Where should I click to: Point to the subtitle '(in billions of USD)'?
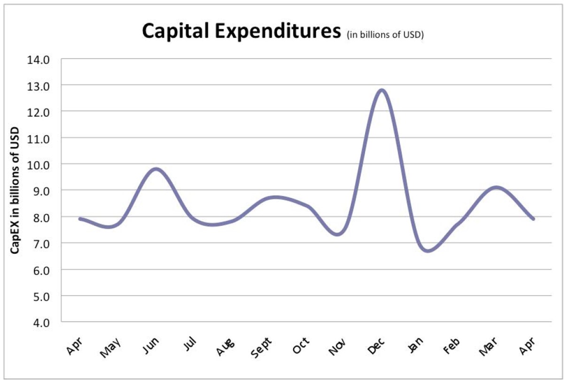pyautogui.click(x=385, y=35)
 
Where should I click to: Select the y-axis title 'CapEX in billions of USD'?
pyautogui.click(x=15, y=190)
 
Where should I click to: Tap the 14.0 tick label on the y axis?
pyautogui.click(x=40, y=59)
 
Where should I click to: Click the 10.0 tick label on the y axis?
pyautogui.click(x=40, y=164)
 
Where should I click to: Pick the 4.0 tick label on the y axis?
pyautogui.click(x=40, y=322)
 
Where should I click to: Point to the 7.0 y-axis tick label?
pyautogui.click(x=40, y=243)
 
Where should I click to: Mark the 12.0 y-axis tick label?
pyautogui.click(x=40, y=112)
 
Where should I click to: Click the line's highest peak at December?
pyautogui.click(x=381, y=90)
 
